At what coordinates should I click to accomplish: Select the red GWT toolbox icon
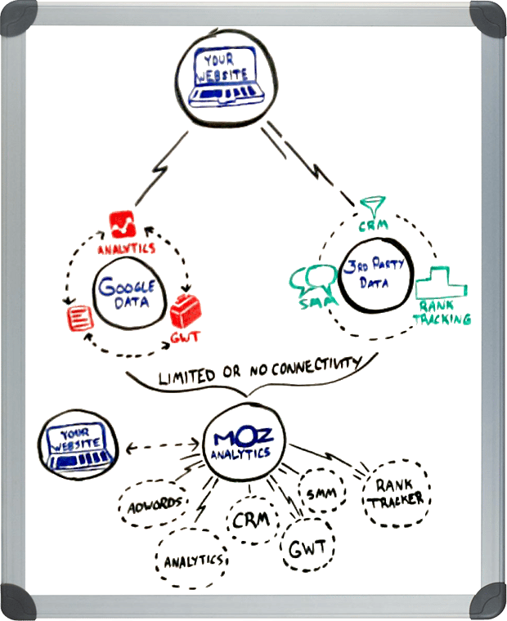[187, 312]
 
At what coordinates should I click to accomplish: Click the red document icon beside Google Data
[79, 314]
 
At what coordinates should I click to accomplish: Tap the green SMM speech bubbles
[310, 282]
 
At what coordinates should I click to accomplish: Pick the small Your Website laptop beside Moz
[77, 445]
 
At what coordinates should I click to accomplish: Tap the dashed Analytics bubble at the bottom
[191, 560]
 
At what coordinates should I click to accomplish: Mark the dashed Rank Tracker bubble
[394, 491]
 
